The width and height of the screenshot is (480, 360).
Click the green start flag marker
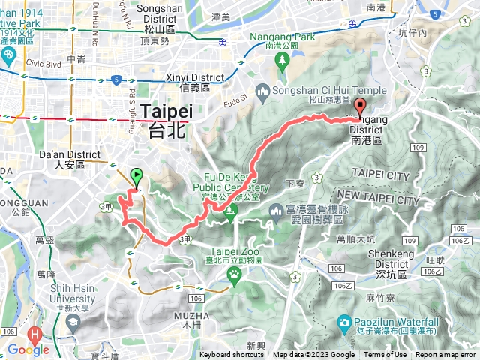pyautogui.click(x=136, y=177)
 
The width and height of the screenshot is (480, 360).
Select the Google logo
pyautogui.click(x=28, y=349)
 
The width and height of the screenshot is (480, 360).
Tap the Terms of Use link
pyautogui.click(x=385, y=355)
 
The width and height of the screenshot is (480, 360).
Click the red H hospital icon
pyautogui.click(x=34, y=333)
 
